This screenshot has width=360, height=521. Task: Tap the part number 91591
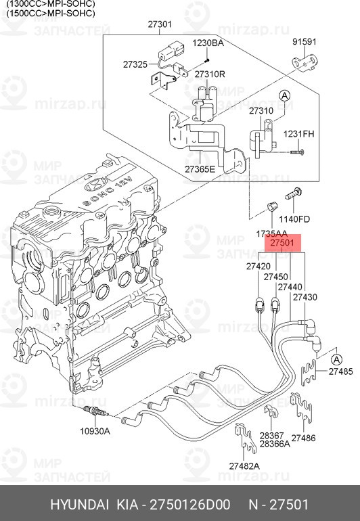coord(304,42)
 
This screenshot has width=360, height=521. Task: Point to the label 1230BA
coord(208,43)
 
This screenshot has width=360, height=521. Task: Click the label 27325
coord(135,64)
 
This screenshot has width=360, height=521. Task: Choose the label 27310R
coord(210,74)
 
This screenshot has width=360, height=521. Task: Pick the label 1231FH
coord(298,133)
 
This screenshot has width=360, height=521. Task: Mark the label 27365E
coord(200,168)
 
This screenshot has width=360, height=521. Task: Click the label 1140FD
coord(296,219)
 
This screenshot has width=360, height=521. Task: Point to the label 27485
coord(341,371)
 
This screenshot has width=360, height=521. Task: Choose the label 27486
coord(303,438)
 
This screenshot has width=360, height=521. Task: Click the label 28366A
coord(275,443)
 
